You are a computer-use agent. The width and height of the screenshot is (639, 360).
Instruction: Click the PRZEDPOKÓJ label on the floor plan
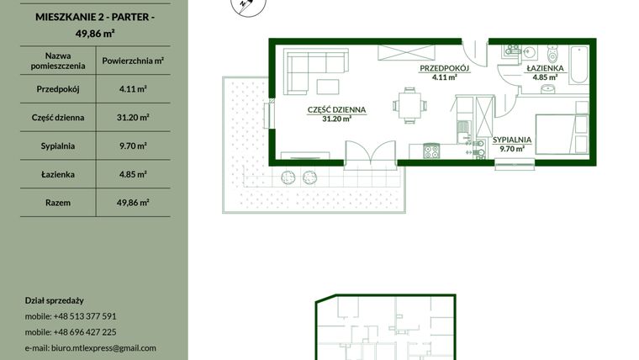pyautogui.click(x=444, y=70)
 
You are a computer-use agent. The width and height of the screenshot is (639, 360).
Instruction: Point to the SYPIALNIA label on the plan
pyautogui.click(x=511, y=140)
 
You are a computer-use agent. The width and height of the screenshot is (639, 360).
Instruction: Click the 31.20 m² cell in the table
pyautogui.click(x=133, y=117)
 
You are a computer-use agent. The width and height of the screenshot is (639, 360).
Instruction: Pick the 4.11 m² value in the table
pyautogui.click(x=133, y=88)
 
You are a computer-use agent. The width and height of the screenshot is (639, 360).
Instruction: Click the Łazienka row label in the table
pyautogui.click(x=57, y=174)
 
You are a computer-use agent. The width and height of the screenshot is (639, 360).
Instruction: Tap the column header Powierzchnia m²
pyautogui.click(x=133, y=61)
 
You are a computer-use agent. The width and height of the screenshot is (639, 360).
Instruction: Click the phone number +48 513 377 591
pyautogui.click(x=85, y=316)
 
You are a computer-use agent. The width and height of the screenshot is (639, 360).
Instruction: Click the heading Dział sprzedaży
pyautogui.click(x=55, y=300)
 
